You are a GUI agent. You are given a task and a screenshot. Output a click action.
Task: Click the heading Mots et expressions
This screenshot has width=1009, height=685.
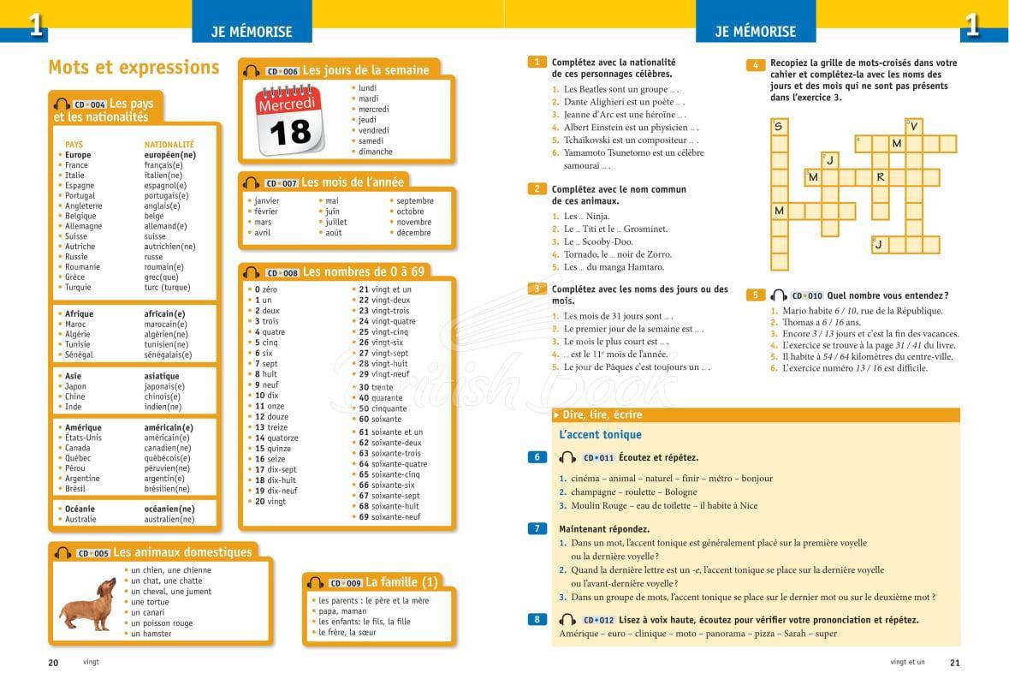click(134, 68)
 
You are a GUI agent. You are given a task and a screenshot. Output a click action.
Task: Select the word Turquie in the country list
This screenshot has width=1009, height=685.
click(80, 288)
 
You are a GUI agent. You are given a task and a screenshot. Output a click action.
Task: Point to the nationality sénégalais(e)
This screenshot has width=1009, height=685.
click(168, 355)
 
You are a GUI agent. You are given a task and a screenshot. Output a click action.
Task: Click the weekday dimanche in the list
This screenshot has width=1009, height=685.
click(376, 152)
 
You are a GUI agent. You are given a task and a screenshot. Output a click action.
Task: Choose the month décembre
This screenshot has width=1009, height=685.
click(414, 233)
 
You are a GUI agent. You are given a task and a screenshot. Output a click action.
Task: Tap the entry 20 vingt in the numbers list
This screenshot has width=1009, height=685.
click(271, 502)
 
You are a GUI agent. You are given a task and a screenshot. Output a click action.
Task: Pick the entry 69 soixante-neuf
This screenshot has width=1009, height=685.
click(390, 517)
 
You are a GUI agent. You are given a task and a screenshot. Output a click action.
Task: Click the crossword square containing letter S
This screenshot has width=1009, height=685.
click(779, 127)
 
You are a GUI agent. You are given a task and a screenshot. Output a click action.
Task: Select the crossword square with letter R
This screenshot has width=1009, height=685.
click(881, 177)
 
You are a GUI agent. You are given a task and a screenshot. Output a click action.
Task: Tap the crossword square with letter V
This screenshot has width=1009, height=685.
click(914, 127)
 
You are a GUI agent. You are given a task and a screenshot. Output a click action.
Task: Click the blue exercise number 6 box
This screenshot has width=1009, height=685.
click(537, 457)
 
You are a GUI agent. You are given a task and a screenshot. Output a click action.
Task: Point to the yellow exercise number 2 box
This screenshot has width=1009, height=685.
click(537, 189)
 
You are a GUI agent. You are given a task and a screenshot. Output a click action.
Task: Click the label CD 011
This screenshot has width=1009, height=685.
click(598, 458)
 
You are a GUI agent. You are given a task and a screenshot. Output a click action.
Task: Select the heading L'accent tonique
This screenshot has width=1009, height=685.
click(600, 435)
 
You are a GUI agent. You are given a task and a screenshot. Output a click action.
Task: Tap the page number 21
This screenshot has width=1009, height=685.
click(955, 662)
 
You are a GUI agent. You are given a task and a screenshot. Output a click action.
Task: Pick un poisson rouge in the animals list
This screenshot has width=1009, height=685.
click(162, 623)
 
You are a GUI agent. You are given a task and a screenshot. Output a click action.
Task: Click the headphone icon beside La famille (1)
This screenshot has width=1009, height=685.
click(316, 583)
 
